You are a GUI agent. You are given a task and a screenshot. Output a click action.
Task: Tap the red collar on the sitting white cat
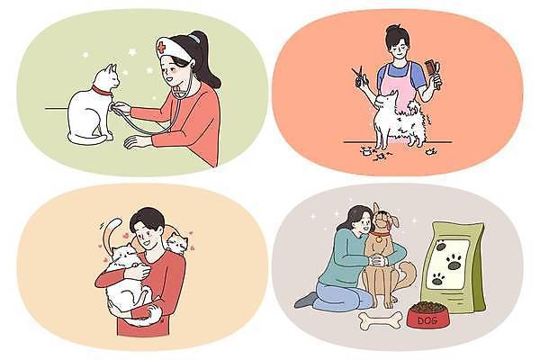pos(102,91)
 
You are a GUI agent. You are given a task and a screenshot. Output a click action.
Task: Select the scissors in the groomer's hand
pos(361,77)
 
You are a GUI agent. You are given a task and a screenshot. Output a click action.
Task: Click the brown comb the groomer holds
pos(438,69)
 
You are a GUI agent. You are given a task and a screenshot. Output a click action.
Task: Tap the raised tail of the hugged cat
pos(110,237)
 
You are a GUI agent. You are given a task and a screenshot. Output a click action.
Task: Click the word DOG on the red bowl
pos(427,319)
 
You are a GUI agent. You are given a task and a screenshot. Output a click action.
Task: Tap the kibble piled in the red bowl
pos(427,306)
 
